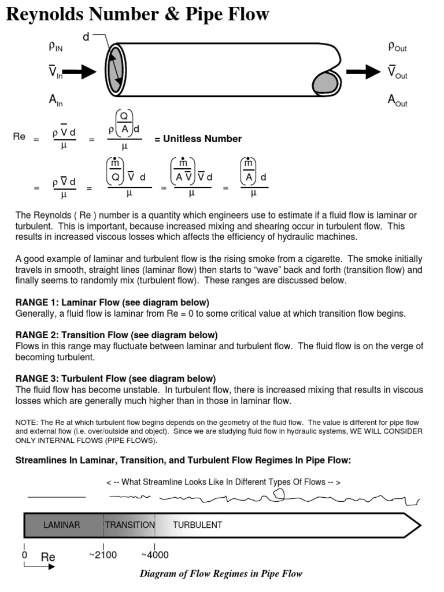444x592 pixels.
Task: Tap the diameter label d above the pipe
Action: pyautogui.click(x=86, y=37)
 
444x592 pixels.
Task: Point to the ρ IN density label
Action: pyautogui.click(x=55, y=46)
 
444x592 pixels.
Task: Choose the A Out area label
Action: pyautogui.click(x=397, y=101)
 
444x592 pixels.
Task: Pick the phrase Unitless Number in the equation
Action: pyautogui.click(x=198, y=139)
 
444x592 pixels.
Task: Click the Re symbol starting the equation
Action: pyautogui.click(x=19, y=137)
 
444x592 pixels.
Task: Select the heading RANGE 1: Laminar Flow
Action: pyautogui.click(x=112, y=302)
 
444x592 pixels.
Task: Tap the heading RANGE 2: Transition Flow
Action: pyautogui.click(x=116, y=335)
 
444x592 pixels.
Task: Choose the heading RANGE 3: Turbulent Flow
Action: pyautogui.click(x=116, y=379)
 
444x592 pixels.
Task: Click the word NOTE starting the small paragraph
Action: pyautogui.click(x=26, y=423)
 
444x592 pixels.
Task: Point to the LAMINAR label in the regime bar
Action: pyautogui.click(x=62, y=525)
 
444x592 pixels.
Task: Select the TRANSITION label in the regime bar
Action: pyautogui.click(x=129, y=525)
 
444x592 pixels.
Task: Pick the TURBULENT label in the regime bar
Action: pyautogui.click(x=197, y=525)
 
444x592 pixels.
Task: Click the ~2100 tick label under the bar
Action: pyautogui.click(x=103, y=555)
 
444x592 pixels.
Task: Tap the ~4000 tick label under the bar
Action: pyautogui.click(x=155, y=555)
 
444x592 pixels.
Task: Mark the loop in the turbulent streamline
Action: pyautogui.click(x=279, y=493)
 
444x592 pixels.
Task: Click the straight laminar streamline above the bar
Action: pyautogui.click(x=56, y=497)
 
